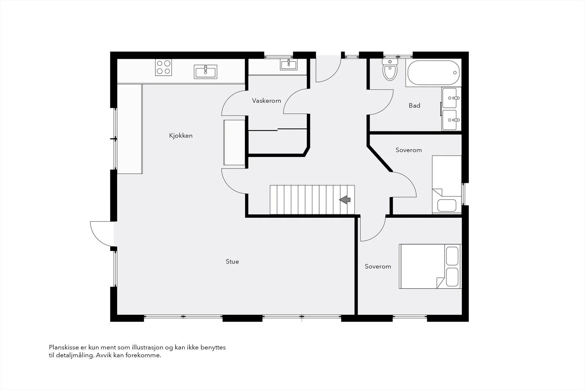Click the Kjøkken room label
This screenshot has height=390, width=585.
coord(181,136)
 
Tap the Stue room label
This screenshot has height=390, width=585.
coord(232,261)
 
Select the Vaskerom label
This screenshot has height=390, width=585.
coord(267,101)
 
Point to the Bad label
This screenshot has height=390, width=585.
coord(414,106)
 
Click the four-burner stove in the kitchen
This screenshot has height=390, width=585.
coord(163,67)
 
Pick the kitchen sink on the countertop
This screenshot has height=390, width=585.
coord(205,72)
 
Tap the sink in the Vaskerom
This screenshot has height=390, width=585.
coord(288,64)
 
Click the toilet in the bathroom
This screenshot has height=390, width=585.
coord(390,69)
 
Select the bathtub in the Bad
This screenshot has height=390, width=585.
coord(434,73)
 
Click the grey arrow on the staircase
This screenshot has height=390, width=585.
coord(345,200)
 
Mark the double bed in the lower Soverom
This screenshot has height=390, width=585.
coord(430,266)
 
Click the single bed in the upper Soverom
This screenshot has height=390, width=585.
coord(447,185)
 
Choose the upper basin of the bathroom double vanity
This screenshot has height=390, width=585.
coord(449,98)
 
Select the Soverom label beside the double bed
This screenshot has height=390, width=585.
coord(378,266)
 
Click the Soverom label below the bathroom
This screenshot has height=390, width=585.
coord(408,150)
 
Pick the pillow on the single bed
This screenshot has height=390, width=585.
coord(447,205)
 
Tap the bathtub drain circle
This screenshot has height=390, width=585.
coord(455,73)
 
